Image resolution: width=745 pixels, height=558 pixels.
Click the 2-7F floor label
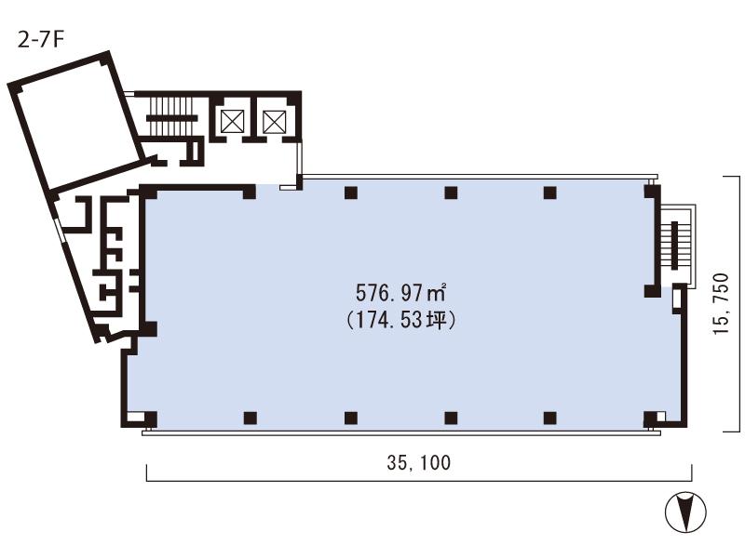[x=40, y=40]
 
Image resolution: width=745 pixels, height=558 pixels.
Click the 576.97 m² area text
[x=401, y=293]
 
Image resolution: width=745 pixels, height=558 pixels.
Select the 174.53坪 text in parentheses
[x=401, y=320]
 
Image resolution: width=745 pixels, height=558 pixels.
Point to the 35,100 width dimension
[x=418, y=462]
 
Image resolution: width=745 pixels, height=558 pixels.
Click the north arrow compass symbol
[x=685, y=511]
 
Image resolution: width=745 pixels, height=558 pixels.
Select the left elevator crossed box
[x=232, y=122]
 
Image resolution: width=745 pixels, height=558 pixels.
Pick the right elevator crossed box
[x=275, y=122]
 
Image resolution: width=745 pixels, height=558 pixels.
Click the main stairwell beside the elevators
[x=172, y=117]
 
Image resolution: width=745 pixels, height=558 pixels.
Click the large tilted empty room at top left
[x=77, y=121]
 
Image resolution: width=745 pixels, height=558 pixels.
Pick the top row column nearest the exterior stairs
[x=550, y=193]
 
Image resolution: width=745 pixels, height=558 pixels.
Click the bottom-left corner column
[x=151, y=418]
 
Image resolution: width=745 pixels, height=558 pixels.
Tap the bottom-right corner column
[x=650, y=418]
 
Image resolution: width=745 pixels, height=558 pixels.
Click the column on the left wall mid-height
[x=150, y=329]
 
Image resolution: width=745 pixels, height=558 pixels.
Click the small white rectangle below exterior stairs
[x=677, y=299]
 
